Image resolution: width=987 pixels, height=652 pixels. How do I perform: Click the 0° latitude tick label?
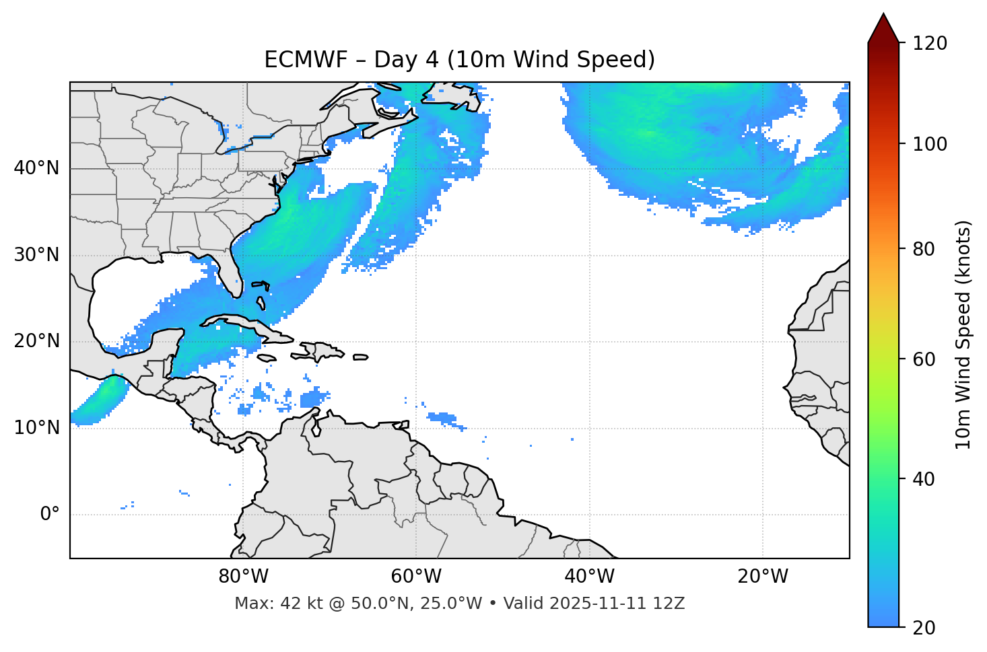(x=50, y=515)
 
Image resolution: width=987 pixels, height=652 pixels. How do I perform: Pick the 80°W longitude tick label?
(x=243, y=577)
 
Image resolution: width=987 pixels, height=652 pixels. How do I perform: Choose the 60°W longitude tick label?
(x=416, y=577)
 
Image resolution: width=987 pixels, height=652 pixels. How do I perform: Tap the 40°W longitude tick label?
(x=589, y=577)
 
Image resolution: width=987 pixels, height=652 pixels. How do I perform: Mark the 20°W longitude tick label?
(x=763, y=577)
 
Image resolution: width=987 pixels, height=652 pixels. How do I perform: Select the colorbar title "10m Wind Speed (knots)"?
(x=963, y=335)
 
